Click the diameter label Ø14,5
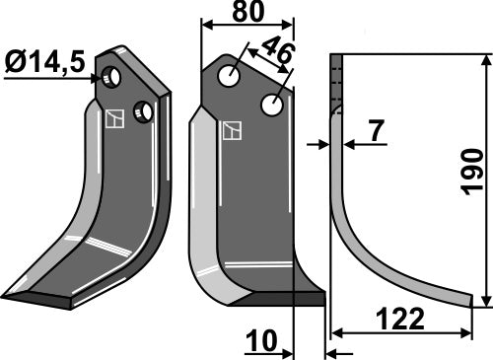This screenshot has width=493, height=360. coord(43,61)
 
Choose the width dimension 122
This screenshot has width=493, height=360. coord(400,320)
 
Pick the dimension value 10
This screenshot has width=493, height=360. coord(260,341)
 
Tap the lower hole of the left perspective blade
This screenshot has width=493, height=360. coord(144,111)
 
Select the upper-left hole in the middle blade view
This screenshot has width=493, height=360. coord(231,75)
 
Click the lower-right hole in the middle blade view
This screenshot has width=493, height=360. coord(271,103)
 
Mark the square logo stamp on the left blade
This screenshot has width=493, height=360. coord(114,119)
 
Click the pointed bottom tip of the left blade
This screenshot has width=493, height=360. coord(8,296)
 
